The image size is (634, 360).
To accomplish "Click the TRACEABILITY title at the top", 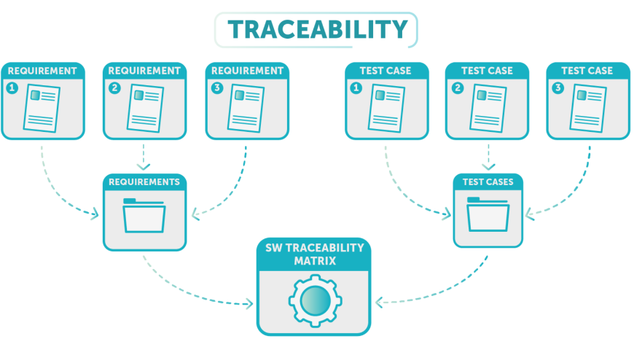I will tap(316, 29).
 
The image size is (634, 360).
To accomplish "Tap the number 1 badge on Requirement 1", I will tap(12, 88).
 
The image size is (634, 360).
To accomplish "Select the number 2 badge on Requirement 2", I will tap(114, 88).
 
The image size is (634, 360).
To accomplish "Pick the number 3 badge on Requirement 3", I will tap(216, 88).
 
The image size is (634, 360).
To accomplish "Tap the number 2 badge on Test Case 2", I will tap(457, 88).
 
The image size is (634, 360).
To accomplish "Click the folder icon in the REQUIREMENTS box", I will tap(144, 216).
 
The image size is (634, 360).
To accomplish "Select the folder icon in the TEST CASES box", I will tap(488, 216).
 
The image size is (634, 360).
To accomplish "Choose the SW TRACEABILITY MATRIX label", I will tap(313, 254).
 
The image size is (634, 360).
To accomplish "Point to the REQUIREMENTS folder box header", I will tap(144, 181).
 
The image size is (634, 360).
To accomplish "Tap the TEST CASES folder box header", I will tap(488, 181).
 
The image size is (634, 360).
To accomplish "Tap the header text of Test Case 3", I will tap(587, 71).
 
